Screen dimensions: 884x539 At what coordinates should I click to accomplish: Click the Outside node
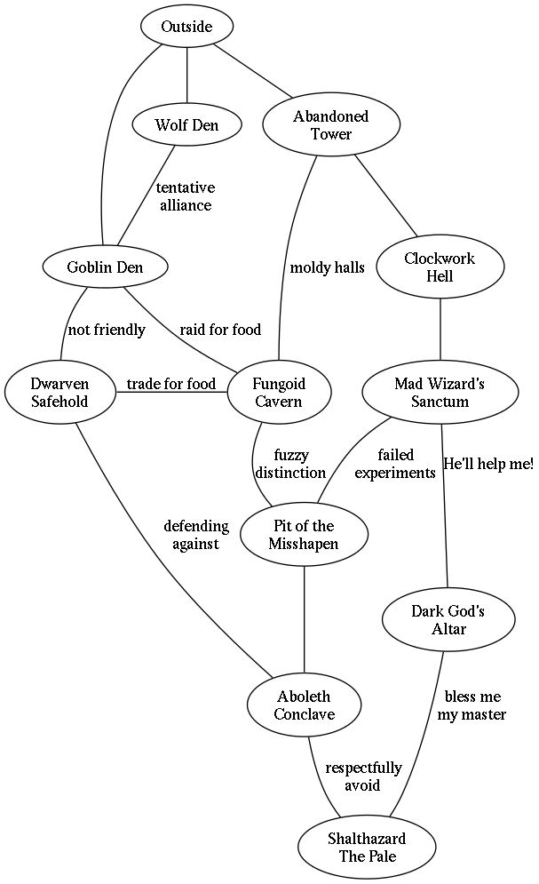click(x=186, y=27)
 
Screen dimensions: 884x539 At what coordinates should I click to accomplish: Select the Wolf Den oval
click(x=186, y=124)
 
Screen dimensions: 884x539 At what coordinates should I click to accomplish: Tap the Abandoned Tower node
click(x=330, y=125)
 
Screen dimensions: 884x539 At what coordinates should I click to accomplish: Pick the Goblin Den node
click(x=105, y=267)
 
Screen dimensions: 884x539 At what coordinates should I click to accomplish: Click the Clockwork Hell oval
click(x=440, y=267)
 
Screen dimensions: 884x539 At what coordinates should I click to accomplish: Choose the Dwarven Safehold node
click(x=59, y=392)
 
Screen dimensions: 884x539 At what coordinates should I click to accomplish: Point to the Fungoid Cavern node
click(x=279, y=393)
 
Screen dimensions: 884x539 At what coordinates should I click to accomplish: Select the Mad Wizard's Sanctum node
click(x=440, y=393)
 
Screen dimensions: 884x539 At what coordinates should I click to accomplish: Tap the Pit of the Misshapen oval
click(x=304, y=535)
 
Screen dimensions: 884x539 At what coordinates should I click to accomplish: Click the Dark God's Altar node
click(x=448, y=620)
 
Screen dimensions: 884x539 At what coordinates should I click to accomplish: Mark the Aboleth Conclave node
click(x=304, y=705)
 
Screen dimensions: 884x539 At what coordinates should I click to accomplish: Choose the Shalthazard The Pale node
click(x=367, y=848)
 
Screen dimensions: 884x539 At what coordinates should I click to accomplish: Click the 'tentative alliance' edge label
click(x=186, y=196)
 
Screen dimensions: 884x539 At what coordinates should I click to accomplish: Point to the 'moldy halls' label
click(x=327, y=267)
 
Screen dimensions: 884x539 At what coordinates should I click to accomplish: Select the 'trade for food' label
click(x=170, y=384)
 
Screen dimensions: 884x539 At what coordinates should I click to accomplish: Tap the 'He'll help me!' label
click(x=487, y=464)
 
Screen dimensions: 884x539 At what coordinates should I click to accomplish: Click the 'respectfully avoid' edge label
click(x=362, y=776)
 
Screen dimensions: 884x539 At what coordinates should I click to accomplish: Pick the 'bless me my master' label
click(x=472, y=705)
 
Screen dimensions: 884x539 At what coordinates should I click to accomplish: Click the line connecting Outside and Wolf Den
click(x=186, y=76)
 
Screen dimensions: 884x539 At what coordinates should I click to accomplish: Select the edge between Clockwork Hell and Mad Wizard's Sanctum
click(x=440, y=331)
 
